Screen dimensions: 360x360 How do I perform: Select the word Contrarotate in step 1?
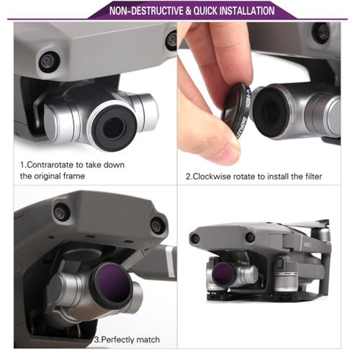(50, 165)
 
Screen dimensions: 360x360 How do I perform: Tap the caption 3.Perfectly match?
(127, 340)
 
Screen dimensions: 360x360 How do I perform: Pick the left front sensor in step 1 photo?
(49, 62)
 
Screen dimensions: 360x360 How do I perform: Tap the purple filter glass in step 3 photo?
(112, 284)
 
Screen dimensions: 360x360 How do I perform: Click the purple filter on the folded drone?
(222, 273)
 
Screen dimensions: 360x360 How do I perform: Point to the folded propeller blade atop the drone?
(308, 224)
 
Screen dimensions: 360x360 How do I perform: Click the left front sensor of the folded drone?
(194, 238)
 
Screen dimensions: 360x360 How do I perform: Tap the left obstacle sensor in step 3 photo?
(61, 212)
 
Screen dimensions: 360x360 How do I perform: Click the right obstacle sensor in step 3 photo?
(158, 226)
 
